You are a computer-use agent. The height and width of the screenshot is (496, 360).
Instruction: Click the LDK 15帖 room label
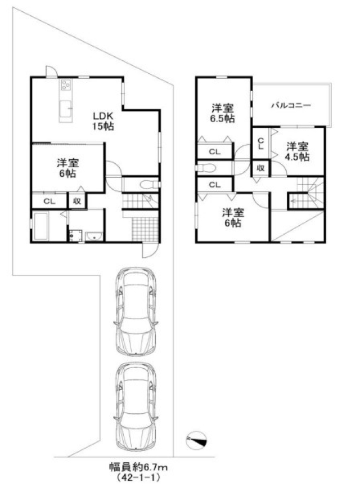tap(103, 121)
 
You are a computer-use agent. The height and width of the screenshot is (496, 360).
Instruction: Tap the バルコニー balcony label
tap(291, 105)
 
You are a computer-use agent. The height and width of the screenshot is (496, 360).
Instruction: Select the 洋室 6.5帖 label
tap(223, 113)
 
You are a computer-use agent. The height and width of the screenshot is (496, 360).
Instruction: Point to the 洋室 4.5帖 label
tap(298, 151)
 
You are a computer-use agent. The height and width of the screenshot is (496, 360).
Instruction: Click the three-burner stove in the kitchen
tap(66, 84)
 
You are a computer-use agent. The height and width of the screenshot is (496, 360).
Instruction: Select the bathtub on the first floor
tap(40, 226)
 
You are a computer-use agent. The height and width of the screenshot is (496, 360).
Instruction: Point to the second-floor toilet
tap(205, 168)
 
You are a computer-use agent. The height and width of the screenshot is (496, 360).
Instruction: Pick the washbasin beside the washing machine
tap(94, 236)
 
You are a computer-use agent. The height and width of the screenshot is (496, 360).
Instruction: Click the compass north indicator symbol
tap(196, 440)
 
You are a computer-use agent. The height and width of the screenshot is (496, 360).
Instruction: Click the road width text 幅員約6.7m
tap(138, 467)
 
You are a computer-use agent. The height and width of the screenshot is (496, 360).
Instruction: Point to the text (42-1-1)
tap(138, 477)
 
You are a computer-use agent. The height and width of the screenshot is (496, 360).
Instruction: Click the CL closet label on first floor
tap(49, 201)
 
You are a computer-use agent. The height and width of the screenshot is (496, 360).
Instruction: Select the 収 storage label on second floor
tap(260, 168)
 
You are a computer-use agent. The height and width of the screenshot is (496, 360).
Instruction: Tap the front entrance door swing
tap(150, 251)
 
